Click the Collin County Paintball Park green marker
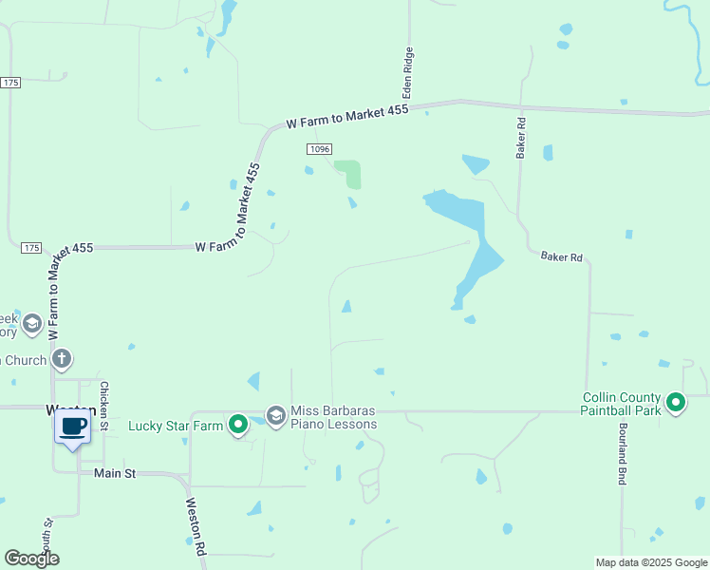(676, 403)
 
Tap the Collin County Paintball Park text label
(621, 404)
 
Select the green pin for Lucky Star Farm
(238, 424)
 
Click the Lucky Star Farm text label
(176, 426)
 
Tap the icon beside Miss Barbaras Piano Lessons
(276, 415)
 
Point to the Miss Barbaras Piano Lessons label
(333, 417)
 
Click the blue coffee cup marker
(73, 426)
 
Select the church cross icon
(62, 359)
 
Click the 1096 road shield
(319, 149)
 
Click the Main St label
(115, 472)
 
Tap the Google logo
(31, 559)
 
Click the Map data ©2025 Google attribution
(650, 562)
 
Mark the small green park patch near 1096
(352, 174)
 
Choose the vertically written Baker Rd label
(521, 139)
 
